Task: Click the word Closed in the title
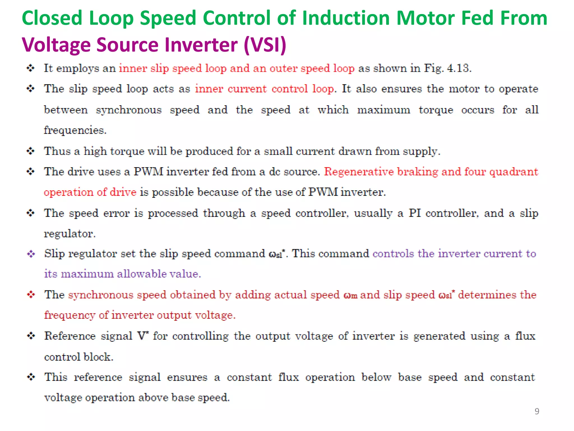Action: (52, 18)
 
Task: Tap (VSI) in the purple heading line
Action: (265, 45)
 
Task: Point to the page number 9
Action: (537, 411)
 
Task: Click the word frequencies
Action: (75, 130)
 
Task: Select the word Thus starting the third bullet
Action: (57, 151)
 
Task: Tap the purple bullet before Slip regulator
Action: (31, 254)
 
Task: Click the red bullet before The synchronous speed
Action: (31, 295)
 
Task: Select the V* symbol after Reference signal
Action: (143, 336)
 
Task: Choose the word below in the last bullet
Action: (376, 377)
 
